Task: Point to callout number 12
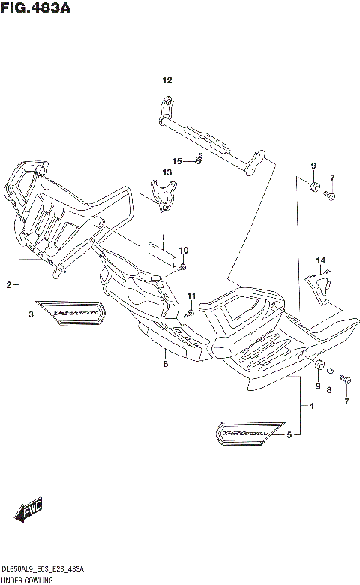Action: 167,80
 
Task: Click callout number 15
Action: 177,161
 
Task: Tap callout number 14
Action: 321,261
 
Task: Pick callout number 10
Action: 184,250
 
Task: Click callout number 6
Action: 165,364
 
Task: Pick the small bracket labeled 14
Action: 318,287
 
